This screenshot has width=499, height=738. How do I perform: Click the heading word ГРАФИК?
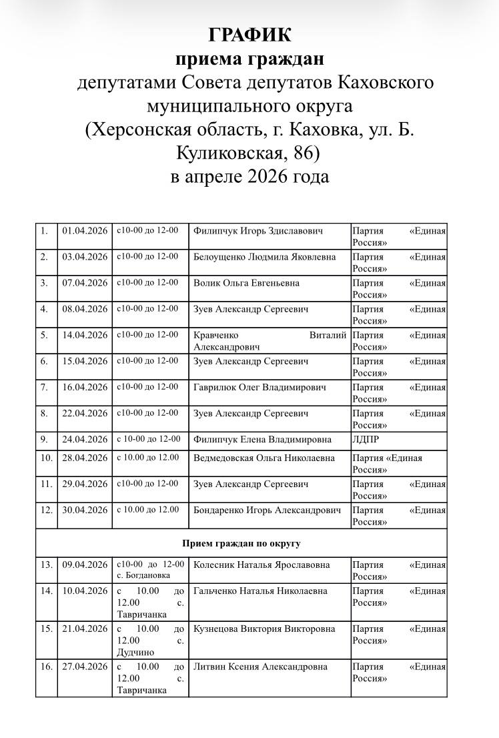tap(249, 35)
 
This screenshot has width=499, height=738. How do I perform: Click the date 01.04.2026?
tap(85, 231)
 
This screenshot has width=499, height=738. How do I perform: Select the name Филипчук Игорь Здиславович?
tap(258, 231)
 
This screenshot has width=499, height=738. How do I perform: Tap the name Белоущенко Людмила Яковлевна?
tap(264, 257)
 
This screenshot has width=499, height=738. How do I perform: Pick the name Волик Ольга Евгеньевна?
tap(246, 283)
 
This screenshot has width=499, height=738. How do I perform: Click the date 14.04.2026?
tap(85, 335)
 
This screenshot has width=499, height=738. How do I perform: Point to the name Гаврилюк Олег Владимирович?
tap(260, 387)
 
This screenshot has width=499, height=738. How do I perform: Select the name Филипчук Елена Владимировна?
tap(262, 440)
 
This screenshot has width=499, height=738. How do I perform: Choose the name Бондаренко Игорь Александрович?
tap(267, 510)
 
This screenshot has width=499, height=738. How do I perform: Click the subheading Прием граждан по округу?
tap(241, 543)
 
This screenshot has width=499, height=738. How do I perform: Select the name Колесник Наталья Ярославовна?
tap(261, 565)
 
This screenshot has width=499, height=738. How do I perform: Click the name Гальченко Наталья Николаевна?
tap(260, 591)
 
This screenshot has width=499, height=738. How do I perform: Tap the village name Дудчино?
tap(135, 652)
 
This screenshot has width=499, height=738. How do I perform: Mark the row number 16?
tap(46, 667)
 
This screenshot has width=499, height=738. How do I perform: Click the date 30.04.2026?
tap(85, 510)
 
